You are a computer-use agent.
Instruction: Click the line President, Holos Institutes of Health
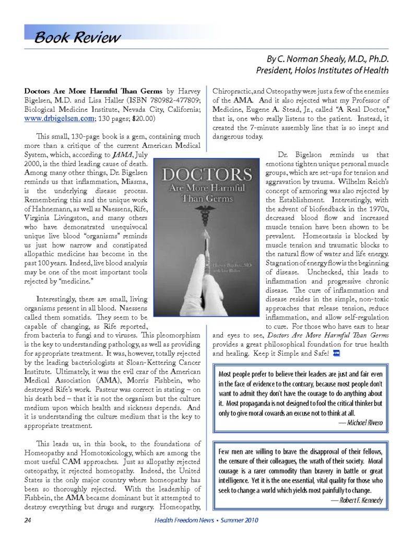pyautogui.click(x=322, y=70)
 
